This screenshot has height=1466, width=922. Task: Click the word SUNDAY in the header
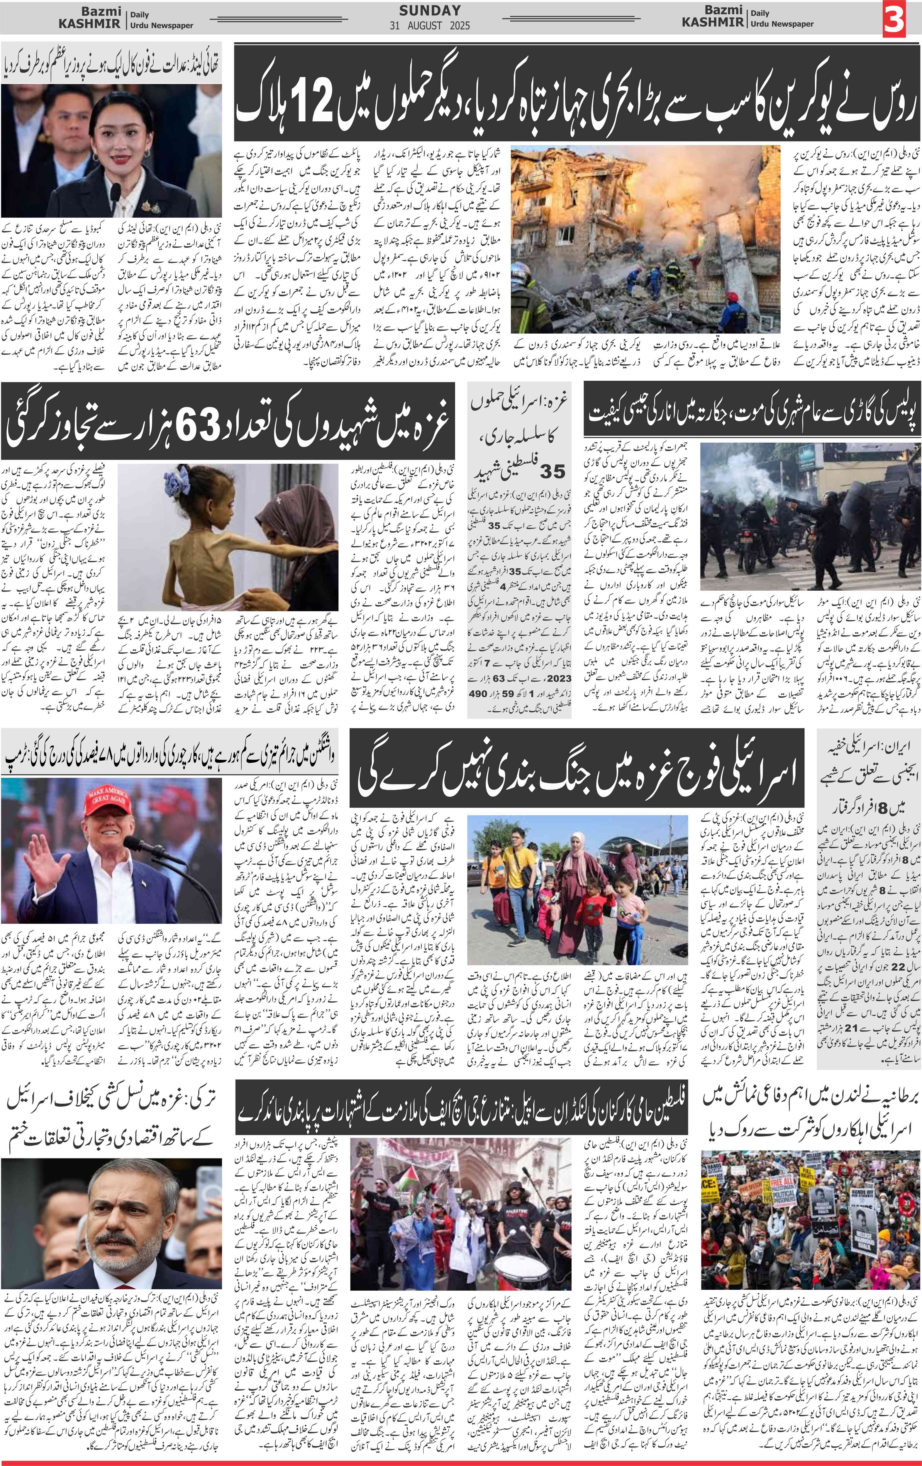pyautogui.click(x=430, y=10)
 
